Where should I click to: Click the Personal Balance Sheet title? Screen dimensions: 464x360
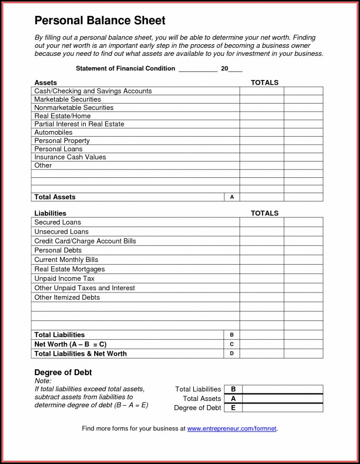point(99,21)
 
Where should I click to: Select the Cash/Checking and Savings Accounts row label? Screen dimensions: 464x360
point(93,91)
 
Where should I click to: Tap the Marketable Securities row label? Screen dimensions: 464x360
point(67,99)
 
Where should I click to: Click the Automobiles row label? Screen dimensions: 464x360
point(53,133)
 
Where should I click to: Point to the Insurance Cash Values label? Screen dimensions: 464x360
point(70,157)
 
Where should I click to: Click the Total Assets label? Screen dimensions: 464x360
point(55,197)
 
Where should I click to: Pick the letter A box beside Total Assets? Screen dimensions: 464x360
point(232,197)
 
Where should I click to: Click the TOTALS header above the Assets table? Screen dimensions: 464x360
point(264,83)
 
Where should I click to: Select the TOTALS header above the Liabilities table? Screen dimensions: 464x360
point(264,213)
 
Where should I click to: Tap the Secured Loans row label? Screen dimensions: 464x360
point(57,223)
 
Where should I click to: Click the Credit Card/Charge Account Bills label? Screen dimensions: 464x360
point(85,241)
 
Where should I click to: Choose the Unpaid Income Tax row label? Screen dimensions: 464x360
point(64,279)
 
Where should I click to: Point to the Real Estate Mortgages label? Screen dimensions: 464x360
point(69,269)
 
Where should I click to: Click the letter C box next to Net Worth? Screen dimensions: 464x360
point(232,344)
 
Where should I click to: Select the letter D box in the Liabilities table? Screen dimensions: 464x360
point(232,354)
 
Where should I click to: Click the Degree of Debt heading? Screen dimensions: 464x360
point(63,372)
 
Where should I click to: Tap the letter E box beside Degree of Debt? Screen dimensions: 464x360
point(233,408)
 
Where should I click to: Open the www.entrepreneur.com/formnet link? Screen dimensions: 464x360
point(232,429)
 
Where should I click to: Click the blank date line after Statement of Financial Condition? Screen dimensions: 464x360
point(198,69)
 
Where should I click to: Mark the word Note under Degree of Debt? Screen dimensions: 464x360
point(43,381)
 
